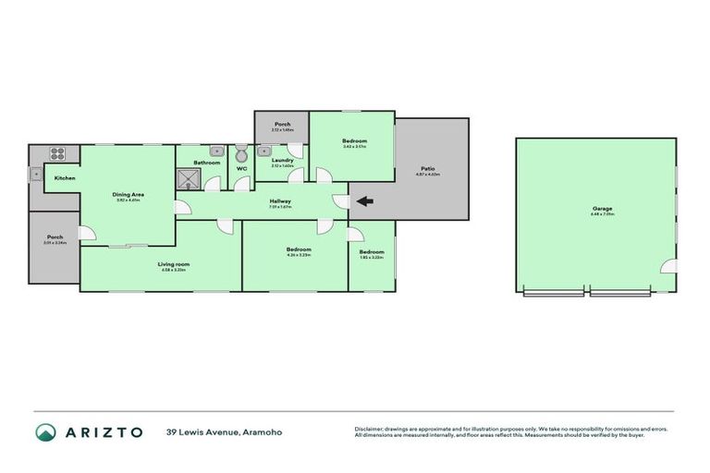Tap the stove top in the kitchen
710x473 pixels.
pos(56,154)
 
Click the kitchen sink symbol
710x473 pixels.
pos(35,172)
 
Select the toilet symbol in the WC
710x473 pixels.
pos(241,153)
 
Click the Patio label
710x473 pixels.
pos(430,168)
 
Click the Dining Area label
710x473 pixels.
pos(128,194)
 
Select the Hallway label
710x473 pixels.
pos(280,201)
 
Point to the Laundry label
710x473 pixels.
pos(282,160)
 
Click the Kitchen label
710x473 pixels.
pos(65,177)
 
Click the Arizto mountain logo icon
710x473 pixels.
pos(46,431)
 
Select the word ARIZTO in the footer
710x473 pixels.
pos(103,431)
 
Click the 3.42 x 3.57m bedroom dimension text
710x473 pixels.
pos(354,146)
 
